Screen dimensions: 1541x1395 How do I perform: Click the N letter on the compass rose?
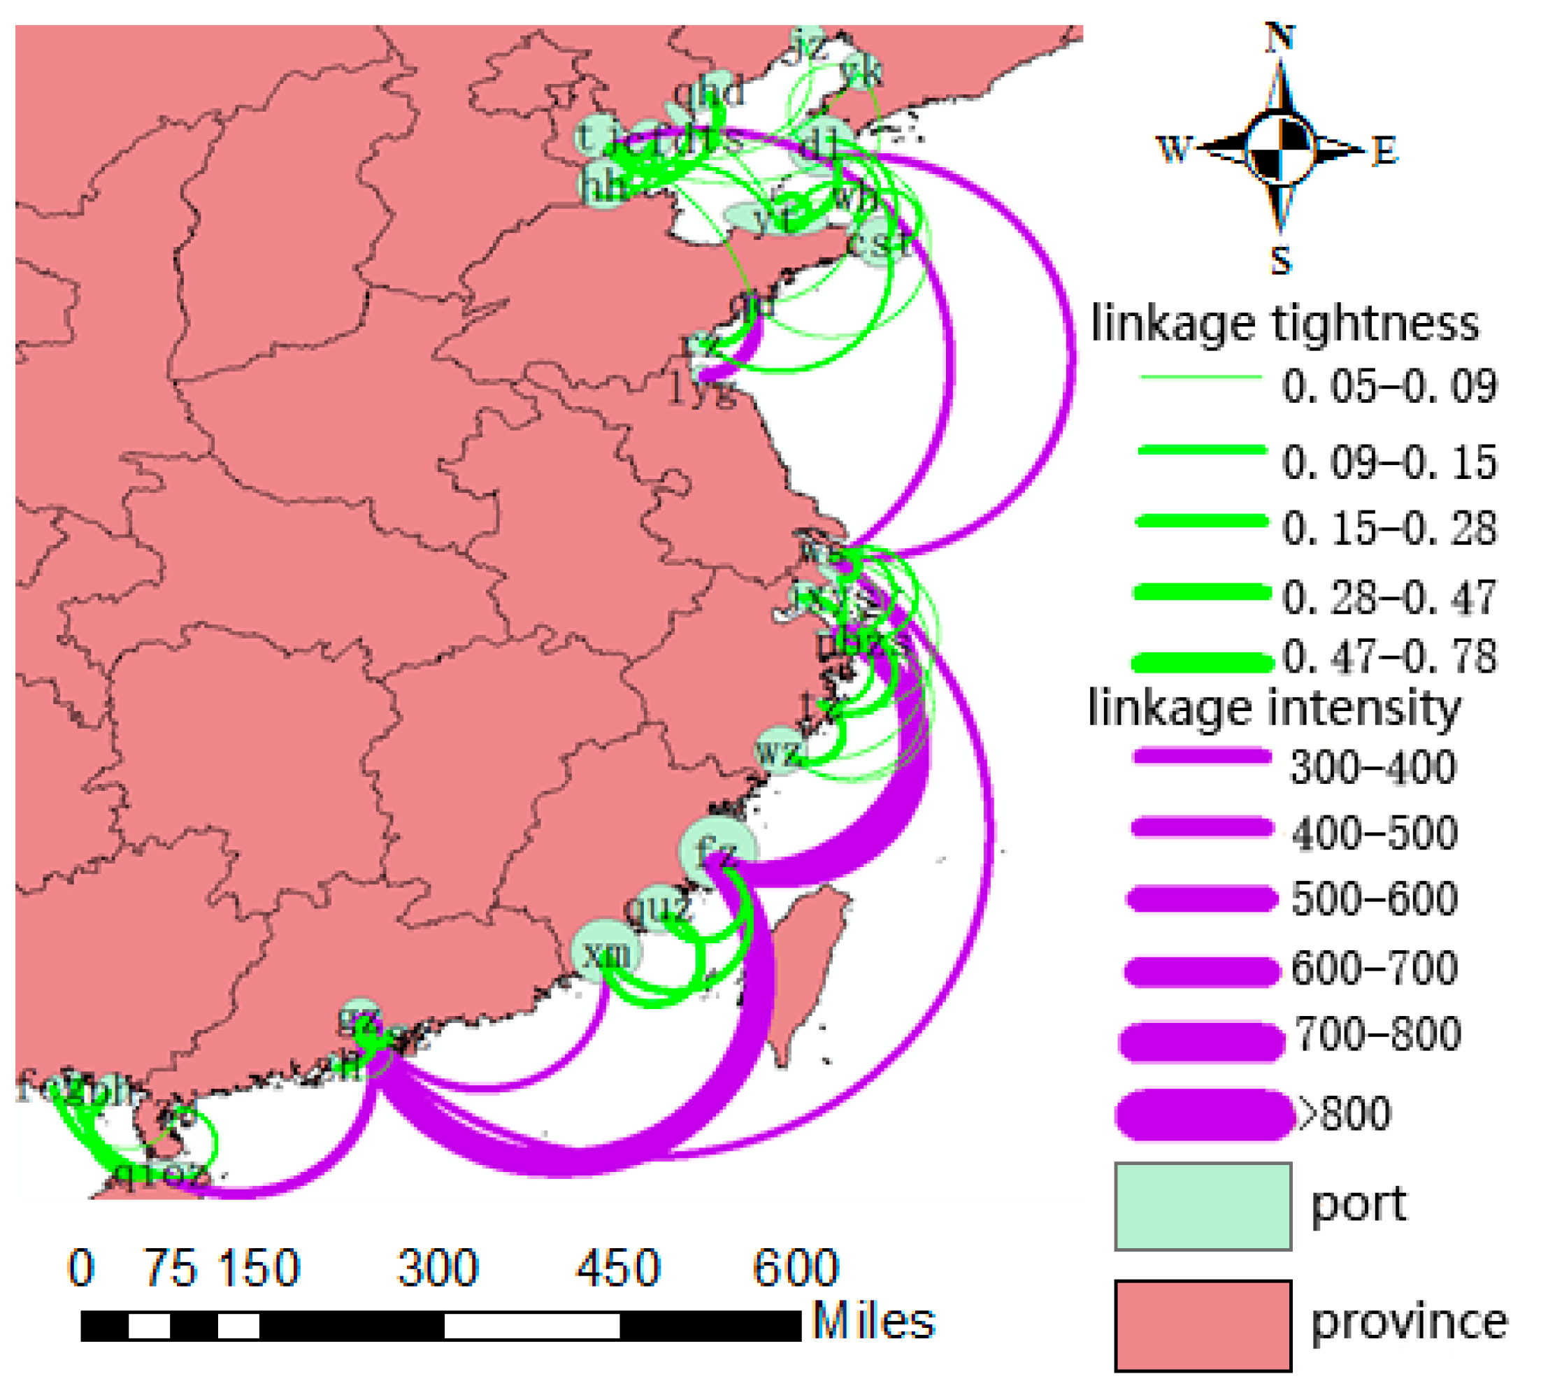(1280, 36)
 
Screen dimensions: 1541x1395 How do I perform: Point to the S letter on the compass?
(1281, 260)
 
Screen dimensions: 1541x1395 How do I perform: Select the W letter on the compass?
(1174, 149)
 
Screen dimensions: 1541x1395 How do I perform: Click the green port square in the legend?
(1203, 1206)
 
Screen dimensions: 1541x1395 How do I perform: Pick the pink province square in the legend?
(1203, 1326)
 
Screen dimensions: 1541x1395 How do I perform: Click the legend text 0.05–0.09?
(1389, 386)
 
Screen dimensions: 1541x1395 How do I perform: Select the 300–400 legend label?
(1372, 766)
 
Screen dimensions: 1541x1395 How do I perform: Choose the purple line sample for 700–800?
(1202, 1043)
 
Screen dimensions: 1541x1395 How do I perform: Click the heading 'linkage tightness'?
(1285, 323)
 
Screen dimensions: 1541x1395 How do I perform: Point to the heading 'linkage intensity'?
(1274, 708)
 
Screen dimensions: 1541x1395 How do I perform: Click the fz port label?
(717, 847)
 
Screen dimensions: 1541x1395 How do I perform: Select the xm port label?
(608, 953)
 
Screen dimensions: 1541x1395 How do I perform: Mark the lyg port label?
(702, 390)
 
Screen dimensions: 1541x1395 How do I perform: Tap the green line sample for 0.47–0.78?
(1202, 662)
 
